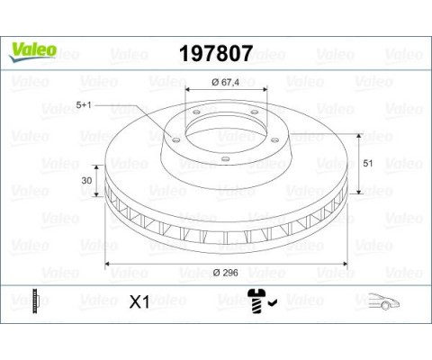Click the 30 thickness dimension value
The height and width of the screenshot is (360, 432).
click(x=87, y=181)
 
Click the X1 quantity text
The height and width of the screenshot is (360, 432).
click(x=139, y=302)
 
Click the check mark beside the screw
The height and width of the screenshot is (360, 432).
click(x=273, y=305)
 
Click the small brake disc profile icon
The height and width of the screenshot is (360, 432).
click(x=36, y=301)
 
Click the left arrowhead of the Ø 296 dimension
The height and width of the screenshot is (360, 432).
click(x=110, y=263)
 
